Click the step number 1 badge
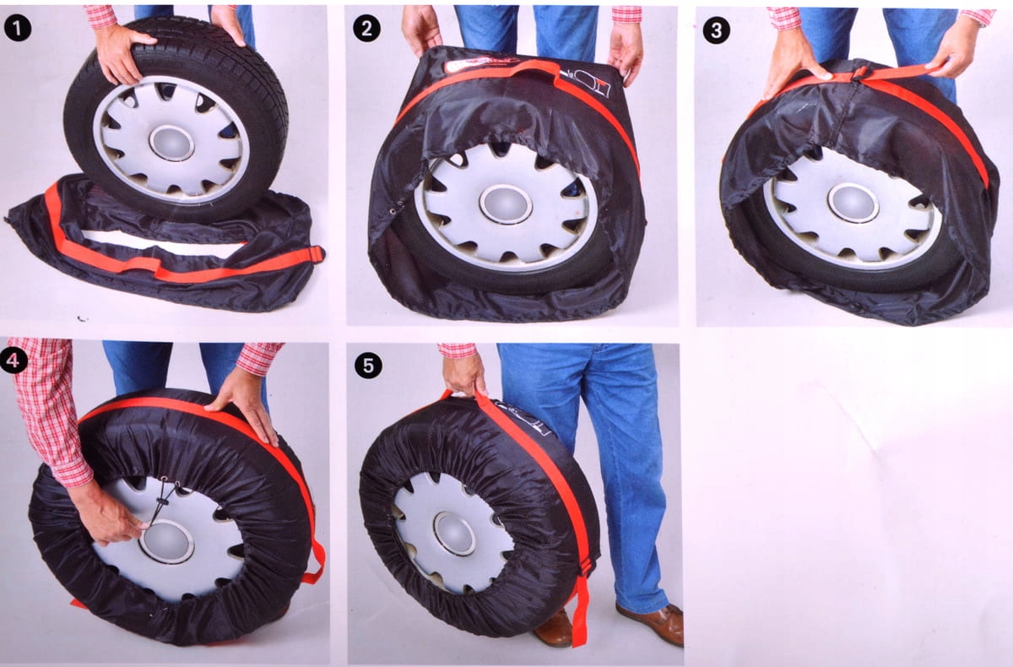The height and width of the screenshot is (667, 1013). tap(18, 29)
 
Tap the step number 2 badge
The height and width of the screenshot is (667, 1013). tap(366, 29)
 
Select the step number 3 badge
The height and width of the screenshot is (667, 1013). tap(717, 30)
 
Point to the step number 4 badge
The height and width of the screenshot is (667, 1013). tap(14, 360)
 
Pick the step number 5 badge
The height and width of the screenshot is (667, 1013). tap(368, 365)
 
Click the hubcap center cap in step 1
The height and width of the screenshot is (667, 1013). tap(171, 143)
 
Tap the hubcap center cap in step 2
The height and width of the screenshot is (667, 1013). tap(506, 204)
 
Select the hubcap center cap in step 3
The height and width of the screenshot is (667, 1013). tap(853, 203)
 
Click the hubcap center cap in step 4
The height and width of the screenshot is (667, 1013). tap(166, 541)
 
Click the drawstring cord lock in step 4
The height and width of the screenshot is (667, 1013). tap(163, 502)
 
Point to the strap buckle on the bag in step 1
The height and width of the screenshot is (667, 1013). tap(316, 254)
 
